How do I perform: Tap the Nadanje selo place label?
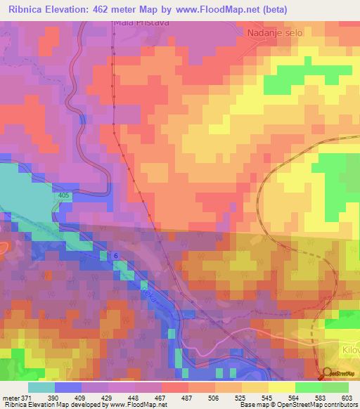pyautogui.click(x=274, y=32)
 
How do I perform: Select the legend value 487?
pyautogui.click(x=188, y=398)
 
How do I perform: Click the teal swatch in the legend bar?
pyautogui.click(x=41, y=387)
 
